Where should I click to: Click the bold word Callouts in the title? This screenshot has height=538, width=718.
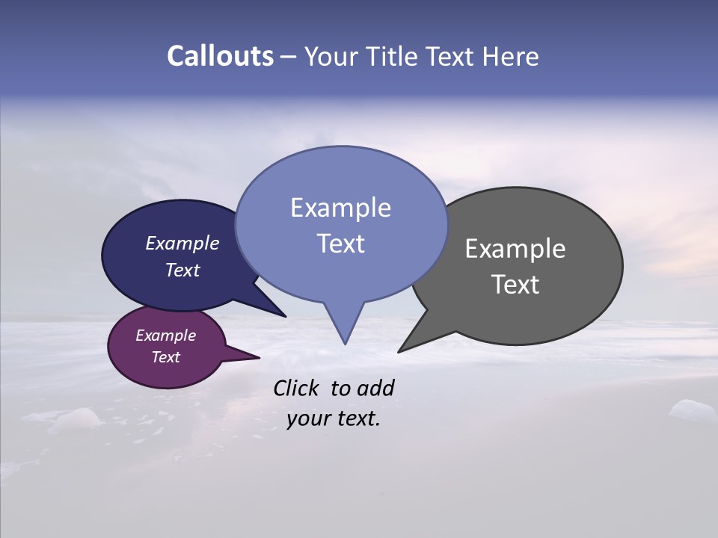pyautogui.click(x=221, y=56)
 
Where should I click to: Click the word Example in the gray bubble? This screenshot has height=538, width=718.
pyautogui.click(x=515, y=249)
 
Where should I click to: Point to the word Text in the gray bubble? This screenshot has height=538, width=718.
pyautogui.click(x=515, y=285)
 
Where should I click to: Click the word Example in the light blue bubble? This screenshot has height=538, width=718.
pyautogui.click(x=340, y=208)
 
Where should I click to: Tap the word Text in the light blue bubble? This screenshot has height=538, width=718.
pyautogui.click(x=340, y=244)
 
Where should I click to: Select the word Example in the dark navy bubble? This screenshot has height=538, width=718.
pyautogui.click(x=182, y=243)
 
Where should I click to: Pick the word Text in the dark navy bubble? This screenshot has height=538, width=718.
pyautogui.click(x=182, y=270)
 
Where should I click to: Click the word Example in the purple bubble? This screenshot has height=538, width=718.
pyautogui.click(x=165, y=336)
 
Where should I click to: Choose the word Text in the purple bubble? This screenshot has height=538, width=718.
pyautogui.click(x=165, y=357)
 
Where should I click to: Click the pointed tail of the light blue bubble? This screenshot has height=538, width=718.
pyautogui.click(x=345, y=333)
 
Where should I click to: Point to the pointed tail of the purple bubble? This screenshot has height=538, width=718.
pyautogui.click(x=251, y=357)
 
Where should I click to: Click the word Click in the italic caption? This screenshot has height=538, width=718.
pyautogui.click(x=298, y=389)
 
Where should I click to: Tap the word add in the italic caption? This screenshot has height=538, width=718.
pyautogui.click(x=375, y=389)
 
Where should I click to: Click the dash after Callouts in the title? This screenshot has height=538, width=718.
pyautogui.click(x=289, y=56)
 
